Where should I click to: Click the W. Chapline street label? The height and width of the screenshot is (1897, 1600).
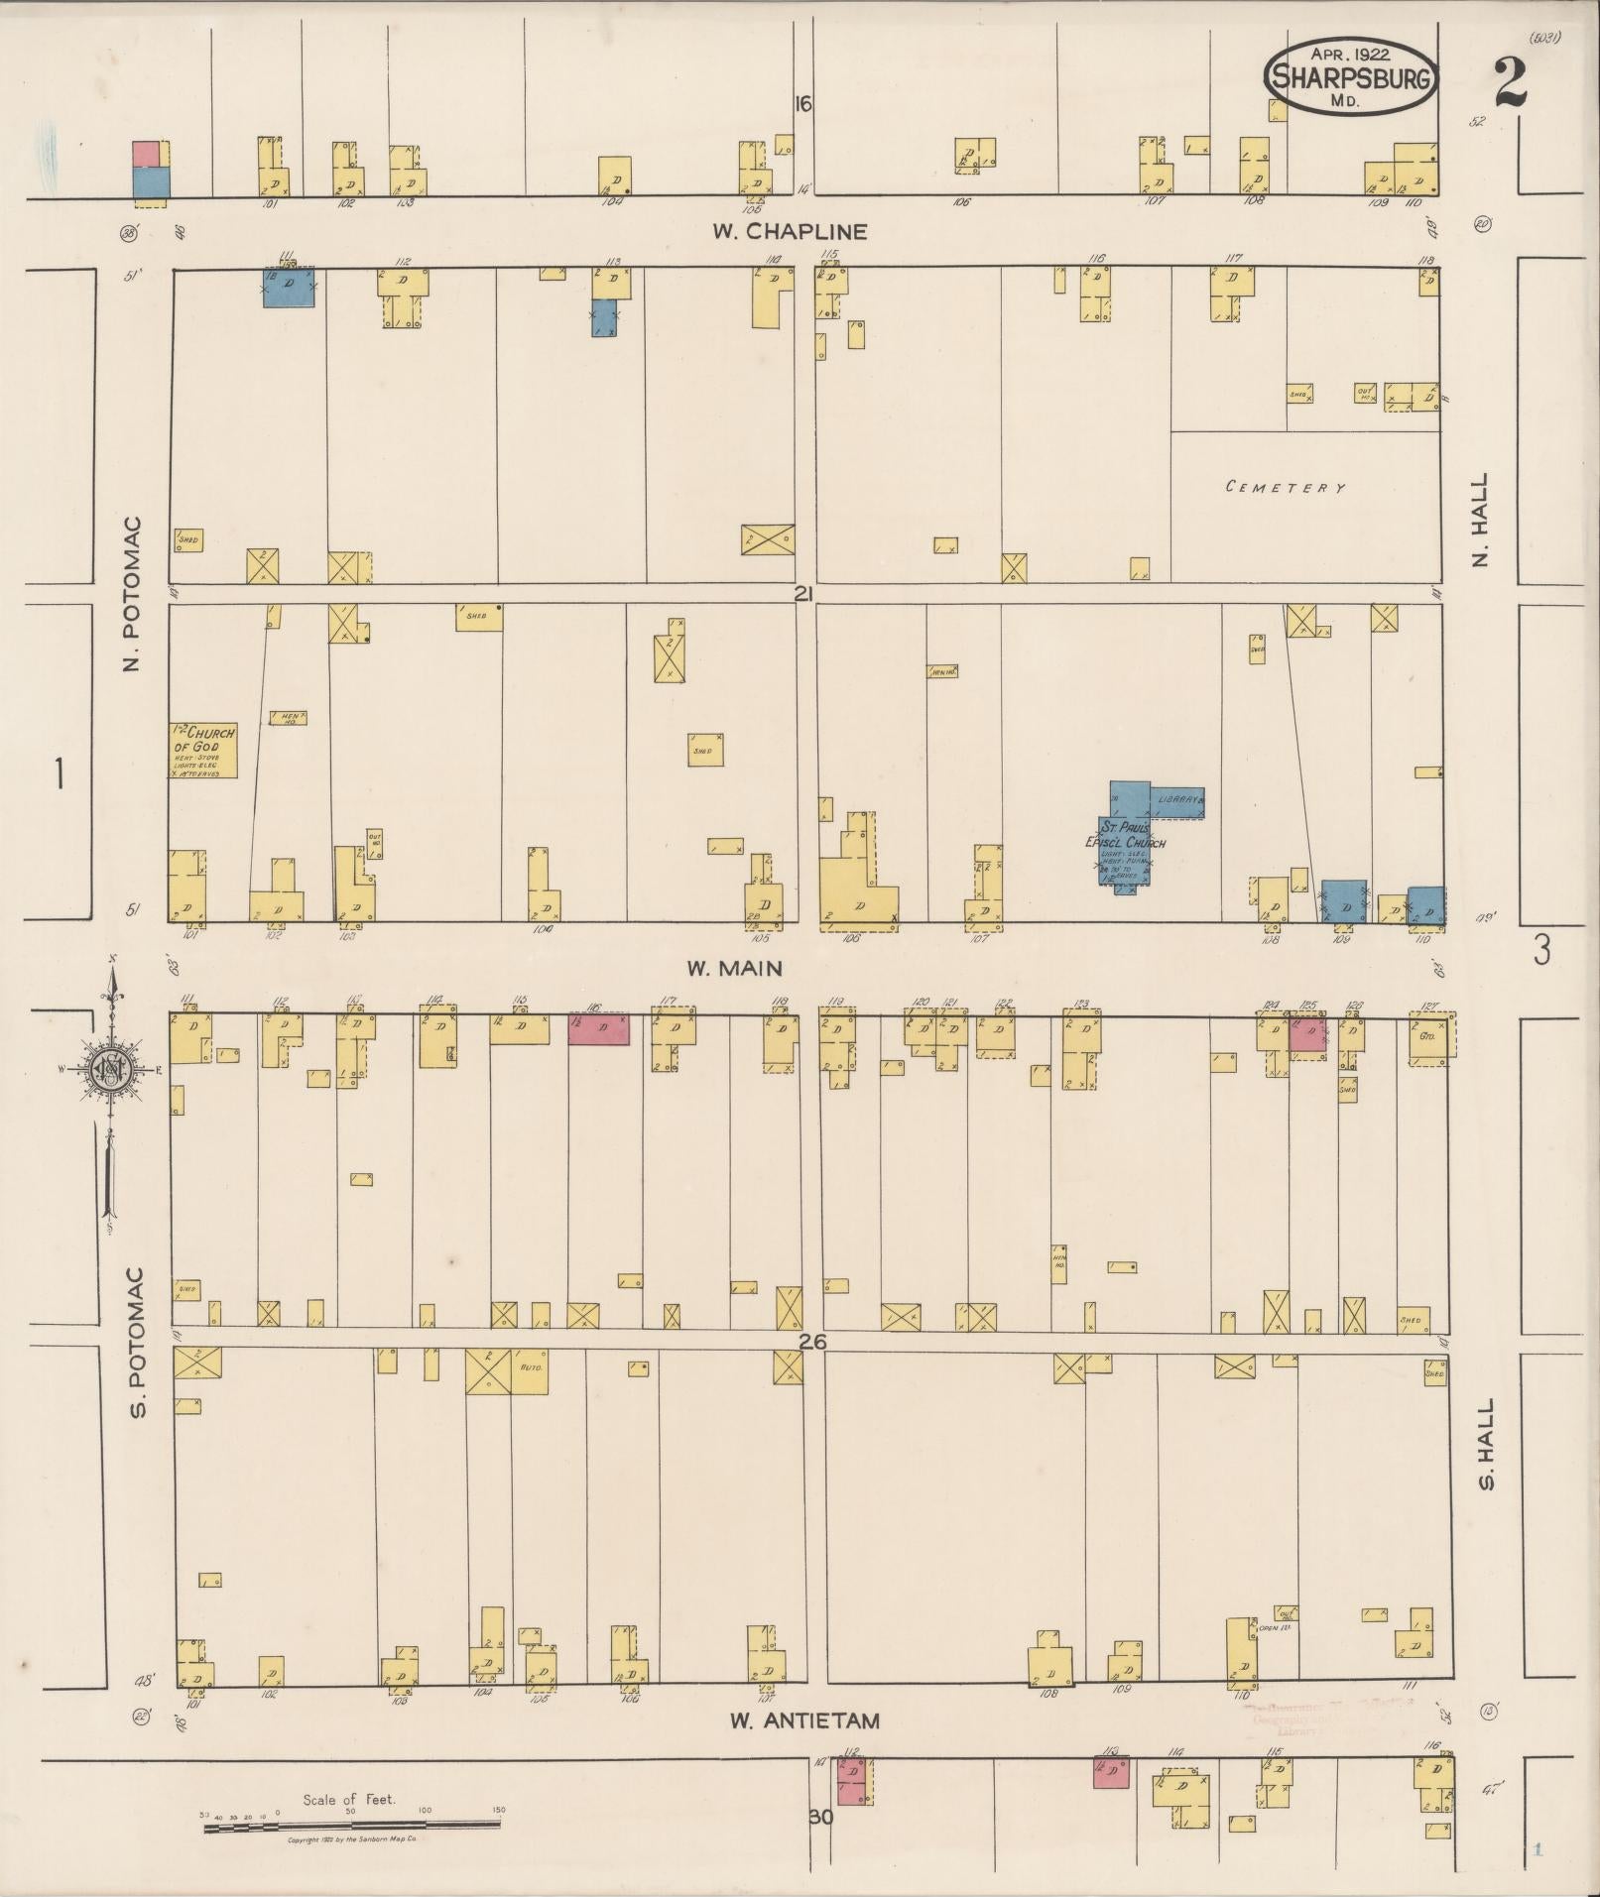coord(790,231)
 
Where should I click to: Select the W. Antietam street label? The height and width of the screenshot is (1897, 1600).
coord(804,1720)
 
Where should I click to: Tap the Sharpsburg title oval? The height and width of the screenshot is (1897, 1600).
coord(1351,78)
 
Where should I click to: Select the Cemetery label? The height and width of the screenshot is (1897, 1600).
coord(1286,487)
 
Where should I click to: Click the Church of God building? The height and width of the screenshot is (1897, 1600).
coord(203,750)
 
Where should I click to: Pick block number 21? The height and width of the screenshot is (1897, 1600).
coord(802,593)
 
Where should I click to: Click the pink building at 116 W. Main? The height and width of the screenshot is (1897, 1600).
coord(598,1028)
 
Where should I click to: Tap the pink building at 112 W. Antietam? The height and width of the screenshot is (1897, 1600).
coord(851,1781)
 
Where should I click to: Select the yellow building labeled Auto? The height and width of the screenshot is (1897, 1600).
coord(528,1371)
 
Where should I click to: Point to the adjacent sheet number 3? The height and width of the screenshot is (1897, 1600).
coord(1541,950)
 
